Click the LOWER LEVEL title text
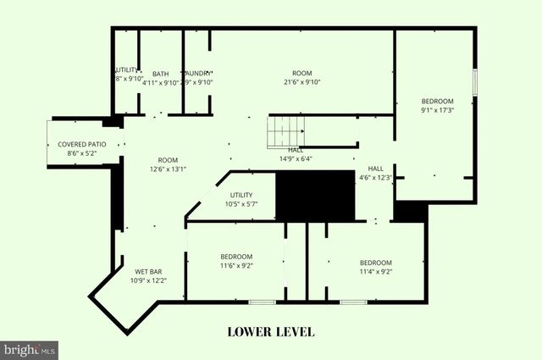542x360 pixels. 271,330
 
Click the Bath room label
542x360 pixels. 160,74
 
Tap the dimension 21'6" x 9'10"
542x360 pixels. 301,82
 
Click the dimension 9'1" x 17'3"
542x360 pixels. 438,110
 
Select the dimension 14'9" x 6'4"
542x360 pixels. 296,158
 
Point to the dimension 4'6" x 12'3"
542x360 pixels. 375,177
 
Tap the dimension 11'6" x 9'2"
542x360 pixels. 236,265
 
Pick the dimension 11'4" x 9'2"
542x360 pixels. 375,271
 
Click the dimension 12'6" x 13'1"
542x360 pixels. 168,169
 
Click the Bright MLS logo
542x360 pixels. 29,348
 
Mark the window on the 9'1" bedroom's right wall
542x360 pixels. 475,81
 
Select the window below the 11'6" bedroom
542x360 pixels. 262,302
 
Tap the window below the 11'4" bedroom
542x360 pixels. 352,302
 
